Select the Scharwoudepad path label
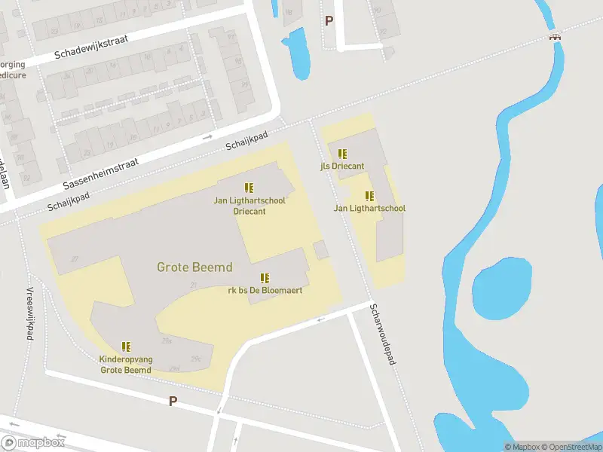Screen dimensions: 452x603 tap(383, 334)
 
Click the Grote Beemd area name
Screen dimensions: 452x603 tap(194, 267)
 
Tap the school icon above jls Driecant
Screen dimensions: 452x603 tap(342, 154)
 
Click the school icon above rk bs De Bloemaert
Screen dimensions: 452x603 tap(265, 278)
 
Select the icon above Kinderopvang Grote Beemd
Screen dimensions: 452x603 tap(126, 347)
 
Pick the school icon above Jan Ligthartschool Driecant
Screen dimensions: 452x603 tap(249, 188)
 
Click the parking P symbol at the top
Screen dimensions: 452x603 tap(329, 21)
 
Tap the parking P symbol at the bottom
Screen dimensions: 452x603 tap(173, 401)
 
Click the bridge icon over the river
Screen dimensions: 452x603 tap(556, 35)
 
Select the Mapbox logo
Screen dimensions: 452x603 tap(33, 443)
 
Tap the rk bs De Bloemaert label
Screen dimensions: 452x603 tap(265, 290)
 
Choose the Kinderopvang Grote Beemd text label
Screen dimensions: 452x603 tap(126, 365)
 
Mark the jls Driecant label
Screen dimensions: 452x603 tap(342, 166)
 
